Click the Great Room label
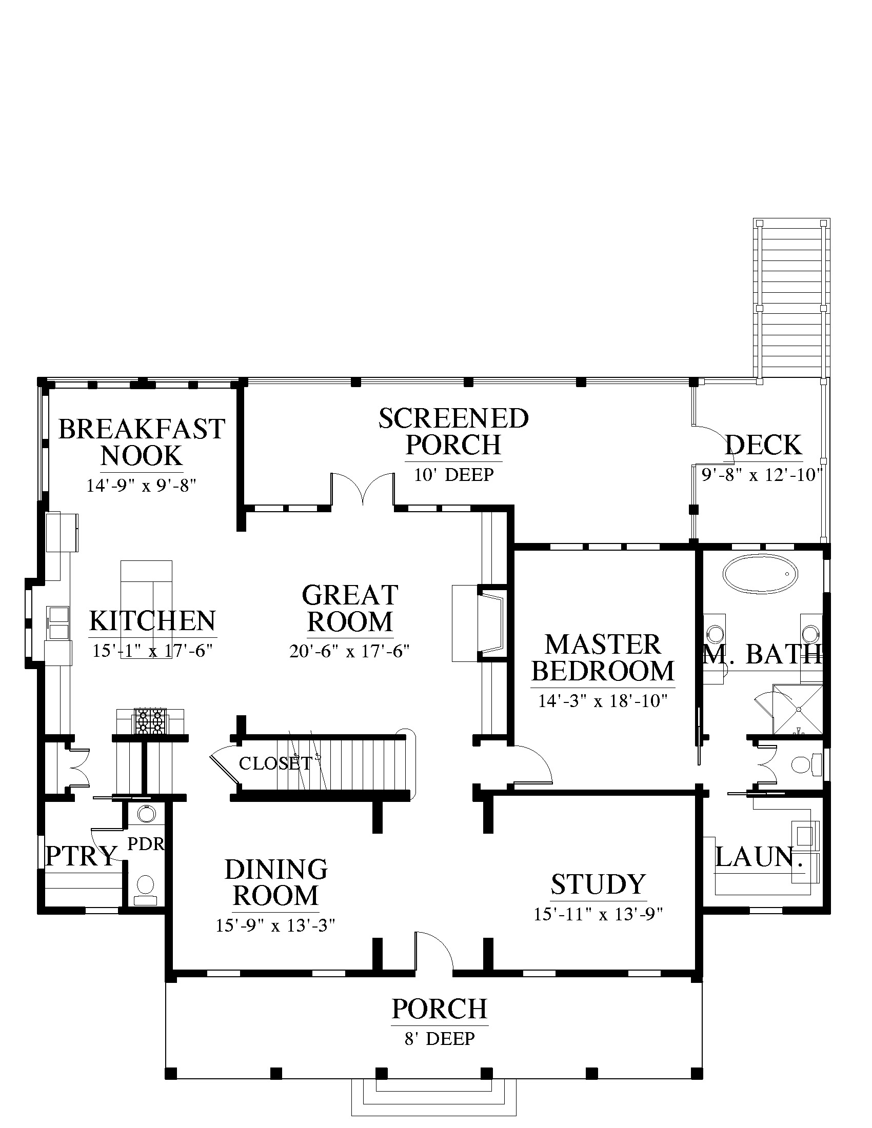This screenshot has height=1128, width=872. (x=350, y=609)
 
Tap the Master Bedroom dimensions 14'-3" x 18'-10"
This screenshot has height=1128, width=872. (x=603, y=701)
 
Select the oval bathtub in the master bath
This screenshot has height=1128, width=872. (x=760, y=574)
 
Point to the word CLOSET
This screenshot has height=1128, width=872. (x=275, y=763)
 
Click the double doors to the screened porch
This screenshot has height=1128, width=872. (x=363, y=488)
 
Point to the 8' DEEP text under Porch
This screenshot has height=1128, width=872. (x=440, y=1038)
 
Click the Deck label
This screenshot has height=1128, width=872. (x=764, y=445)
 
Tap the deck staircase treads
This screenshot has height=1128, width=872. (x=791, y=301)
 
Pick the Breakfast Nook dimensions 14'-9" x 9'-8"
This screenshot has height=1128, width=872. (x=141, y=486)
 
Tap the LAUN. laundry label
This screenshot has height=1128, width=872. (x=761, y=857)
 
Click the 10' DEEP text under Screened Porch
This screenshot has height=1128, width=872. (x=453, y=474)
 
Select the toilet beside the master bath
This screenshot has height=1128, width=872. (x=806, y=764)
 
